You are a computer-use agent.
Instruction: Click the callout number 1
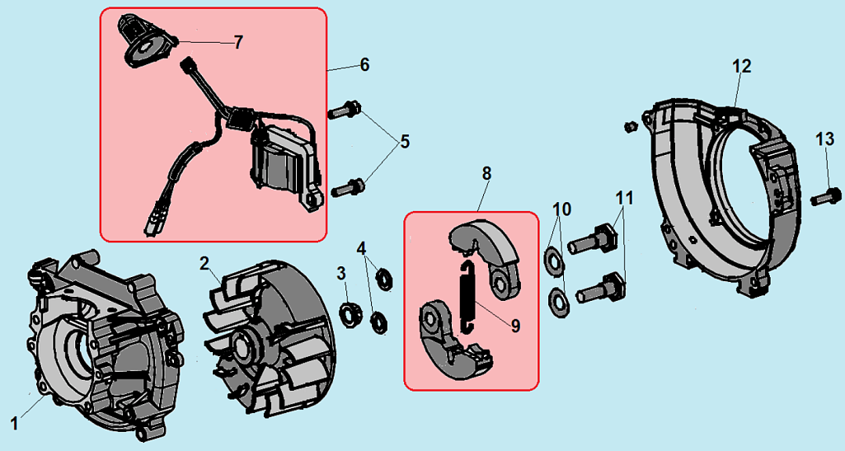[13, 423]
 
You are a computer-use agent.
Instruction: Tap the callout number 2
[204, 264]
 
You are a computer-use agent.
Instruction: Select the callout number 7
[238, 43]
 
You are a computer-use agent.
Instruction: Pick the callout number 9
[515, 326]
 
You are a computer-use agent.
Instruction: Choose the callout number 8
[486, 173]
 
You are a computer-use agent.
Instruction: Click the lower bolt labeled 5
[347, 188]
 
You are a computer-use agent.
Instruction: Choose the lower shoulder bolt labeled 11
[599, 289]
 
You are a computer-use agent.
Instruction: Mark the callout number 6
[364, 64]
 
